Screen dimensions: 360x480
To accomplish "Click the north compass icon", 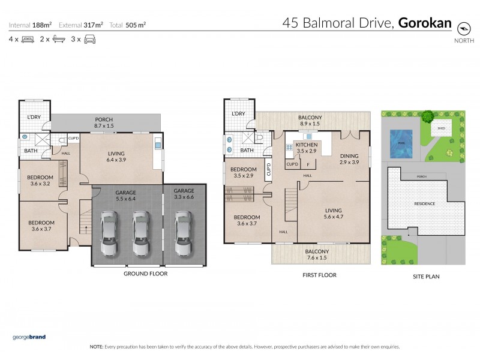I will click(463, 28).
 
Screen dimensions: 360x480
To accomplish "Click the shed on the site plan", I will click(441, 128).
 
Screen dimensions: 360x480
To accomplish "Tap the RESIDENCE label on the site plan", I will click(425, 204).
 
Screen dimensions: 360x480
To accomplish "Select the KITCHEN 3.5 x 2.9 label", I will click(306, 148).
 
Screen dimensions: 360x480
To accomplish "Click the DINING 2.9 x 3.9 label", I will click(349, 158).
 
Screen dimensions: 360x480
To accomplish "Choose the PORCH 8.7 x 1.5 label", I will click(104, 122).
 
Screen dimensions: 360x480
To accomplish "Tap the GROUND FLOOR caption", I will click(145, 274).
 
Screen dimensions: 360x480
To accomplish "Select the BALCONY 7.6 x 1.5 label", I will click(317, 255).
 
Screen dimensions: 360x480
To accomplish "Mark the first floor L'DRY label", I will click(238, 113).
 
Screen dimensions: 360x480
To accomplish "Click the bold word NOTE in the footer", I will click(96, 347).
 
